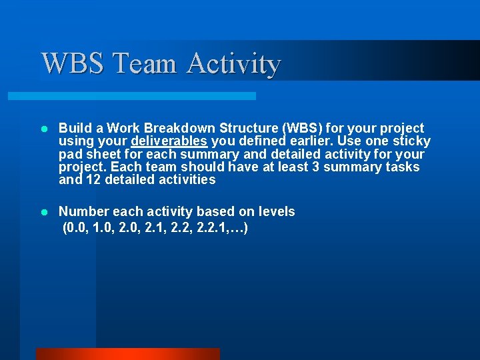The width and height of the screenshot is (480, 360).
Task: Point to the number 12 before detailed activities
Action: click(93, 180)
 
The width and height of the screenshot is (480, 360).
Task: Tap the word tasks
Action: click(403, 167)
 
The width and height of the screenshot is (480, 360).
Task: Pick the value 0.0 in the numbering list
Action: click(77, 229)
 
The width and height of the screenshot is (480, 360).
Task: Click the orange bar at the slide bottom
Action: click(127, 354)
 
